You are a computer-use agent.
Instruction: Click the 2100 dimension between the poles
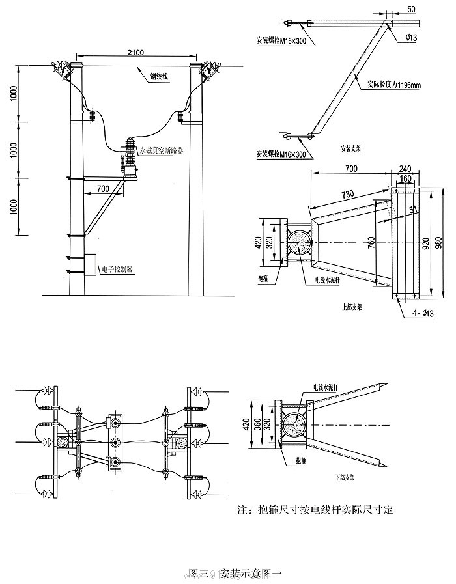135,51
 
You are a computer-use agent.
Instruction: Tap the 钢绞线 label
159,76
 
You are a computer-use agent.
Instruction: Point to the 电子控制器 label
118,268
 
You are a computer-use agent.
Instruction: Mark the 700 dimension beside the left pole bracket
102,189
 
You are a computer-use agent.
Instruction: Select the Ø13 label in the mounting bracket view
410,38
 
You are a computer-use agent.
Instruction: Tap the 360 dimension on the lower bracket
257,426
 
